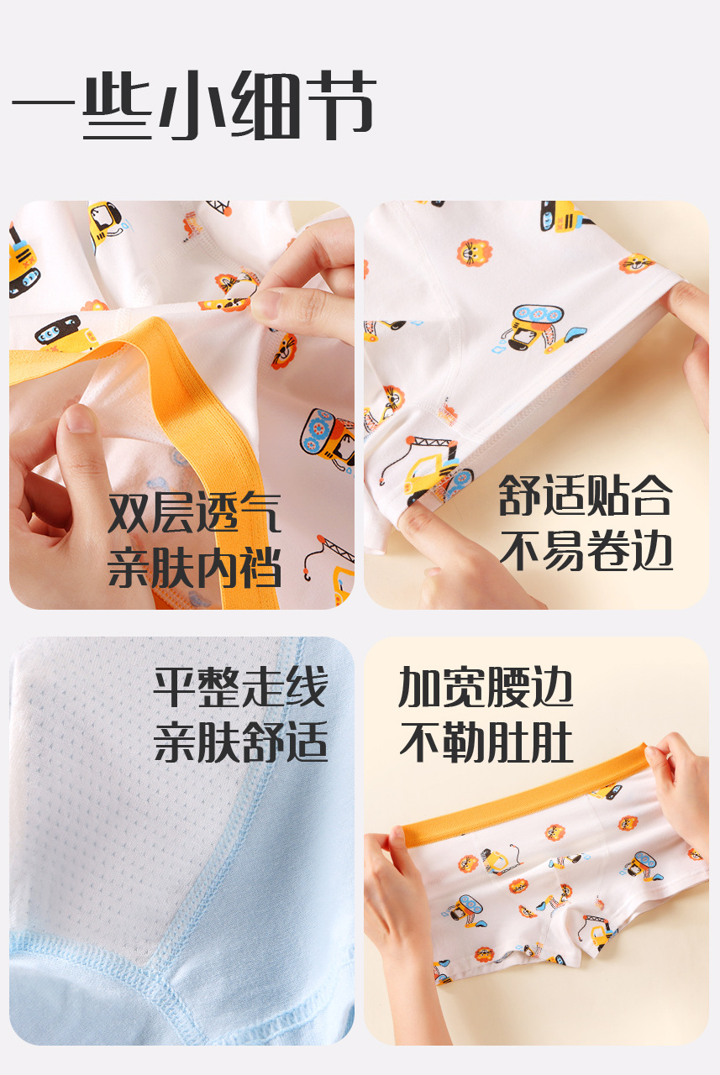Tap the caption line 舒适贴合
(x=586, y=496)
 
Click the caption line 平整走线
(x=240, y=688)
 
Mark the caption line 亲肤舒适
(x=240, y=742)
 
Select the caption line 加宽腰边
(x=486, y=688)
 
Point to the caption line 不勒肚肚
(x=486, y=742)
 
